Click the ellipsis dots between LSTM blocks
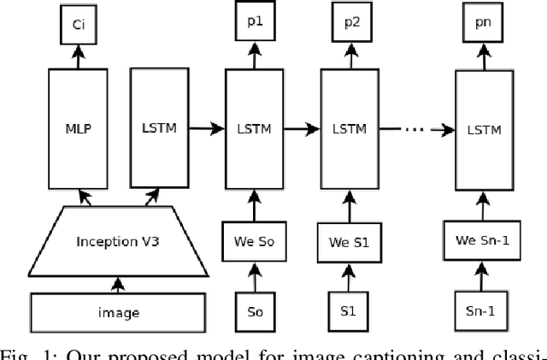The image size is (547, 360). tap(414, 131)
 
